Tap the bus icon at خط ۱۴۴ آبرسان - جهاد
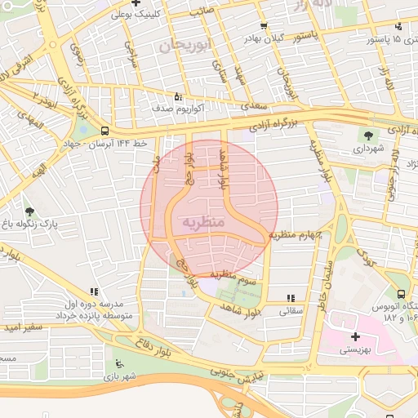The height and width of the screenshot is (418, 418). (104, 130)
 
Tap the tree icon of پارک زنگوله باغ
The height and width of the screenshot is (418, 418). (30, 211)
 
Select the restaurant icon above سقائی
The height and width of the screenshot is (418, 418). (291, 298)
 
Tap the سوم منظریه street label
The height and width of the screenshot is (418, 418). (234, 278)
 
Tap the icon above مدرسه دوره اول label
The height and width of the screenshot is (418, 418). (95, 291)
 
